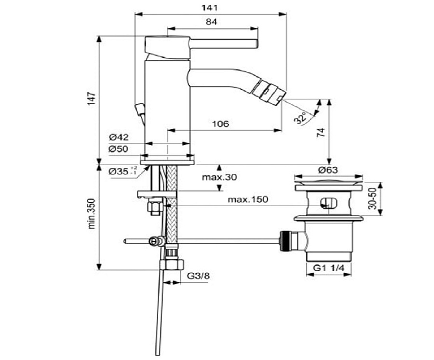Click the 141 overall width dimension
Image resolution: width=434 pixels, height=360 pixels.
click(x=211, y=7)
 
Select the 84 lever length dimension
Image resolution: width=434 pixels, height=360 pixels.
click(x=212, y=21)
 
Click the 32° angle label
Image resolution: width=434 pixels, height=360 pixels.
click(x=302, y=117)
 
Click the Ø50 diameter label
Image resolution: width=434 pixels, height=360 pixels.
click(x=118, y=149)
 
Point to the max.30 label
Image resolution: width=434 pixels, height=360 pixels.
click(x=219, y=177)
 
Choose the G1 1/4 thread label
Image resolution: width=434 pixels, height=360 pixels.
click(x=330, y=268)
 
